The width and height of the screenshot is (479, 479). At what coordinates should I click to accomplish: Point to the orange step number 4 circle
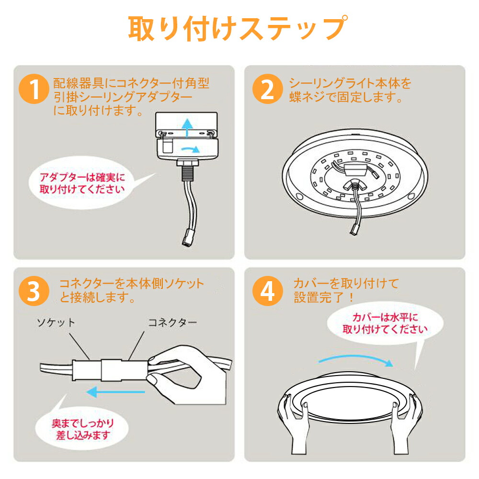tap(267, 291)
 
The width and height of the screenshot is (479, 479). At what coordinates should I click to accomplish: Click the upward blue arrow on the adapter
tap(188, 127)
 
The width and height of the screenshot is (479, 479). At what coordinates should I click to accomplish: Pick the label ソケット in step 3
tap(56, 322)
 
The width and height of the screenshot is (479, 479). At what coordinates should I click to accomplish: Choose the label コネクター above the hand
tap(171, 322)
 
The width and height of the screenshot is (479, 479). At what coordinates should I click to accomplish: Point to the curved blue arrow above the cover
tap(354, 358)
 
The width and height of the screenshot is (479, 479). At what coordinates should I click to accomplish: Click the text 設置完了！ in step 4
tap(324, 297)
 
